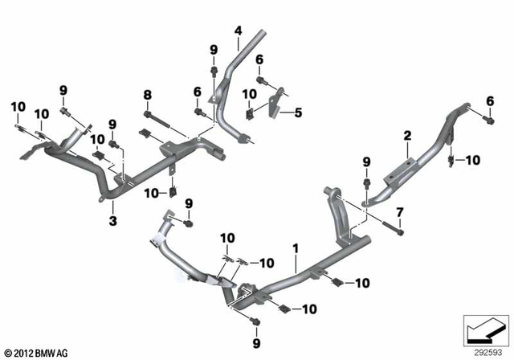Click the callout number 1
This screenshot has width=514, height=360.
(x=296, y=249)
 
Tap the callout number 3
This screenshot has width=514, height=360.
(x=112, y=219)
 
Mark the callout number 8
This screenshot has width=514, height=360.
(x=147, y=95)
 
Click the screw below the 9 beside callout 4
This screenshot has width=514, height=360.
(x=214, y=72)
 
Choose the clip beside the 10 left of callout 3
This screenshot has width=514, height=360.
(x=173, y=191)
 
